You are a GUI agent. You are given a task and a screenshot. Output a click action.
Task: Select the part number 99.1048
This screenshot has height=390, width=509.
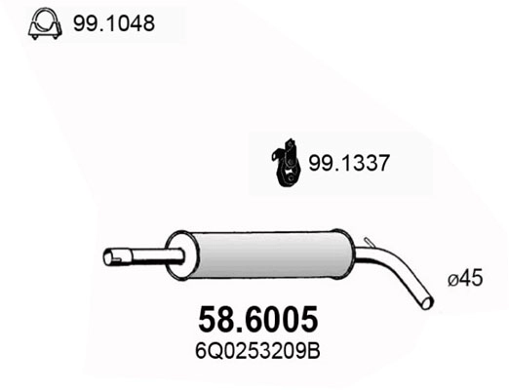113,22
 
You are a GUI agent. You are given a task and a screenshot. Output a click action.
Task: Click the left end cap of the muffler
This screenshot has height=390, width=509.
176,256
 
